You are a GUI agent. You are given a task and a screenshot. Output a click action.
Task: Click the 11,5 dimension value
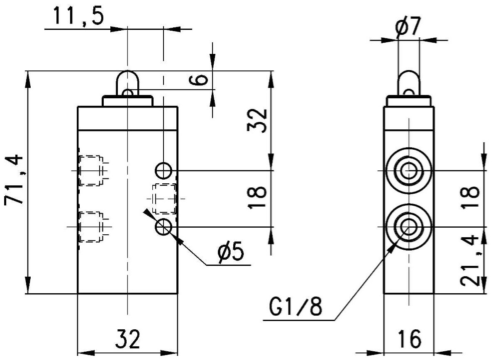click(78, 16)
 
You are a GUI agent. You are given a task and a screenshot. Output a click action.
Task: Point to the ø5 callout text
click(231, 252)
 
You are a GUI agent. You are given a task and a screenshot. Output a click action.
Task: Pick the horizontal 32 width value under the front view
click(128, 338)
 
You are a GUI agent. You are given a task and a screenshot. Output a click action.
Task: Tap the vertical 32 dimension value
click(257, 121)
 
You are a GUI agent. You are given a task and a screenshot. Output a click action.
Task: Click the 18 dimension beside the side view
click(470, 197)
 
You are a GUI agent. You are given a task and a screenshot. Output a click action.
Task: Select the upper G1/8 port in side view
click(408, 170)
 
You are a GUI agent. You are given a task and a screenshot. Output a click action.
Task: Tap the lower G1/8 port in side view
click(408, 227)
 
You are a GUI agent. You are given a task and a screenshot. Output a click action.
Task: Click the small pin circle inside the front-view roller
click(128, 93)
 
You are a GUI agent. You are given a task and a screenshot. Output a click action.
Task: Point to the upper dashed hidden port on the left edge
click(91, 170)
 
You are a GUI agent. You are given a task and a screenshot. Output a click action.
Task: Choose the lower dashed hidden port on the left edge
click(91, 227)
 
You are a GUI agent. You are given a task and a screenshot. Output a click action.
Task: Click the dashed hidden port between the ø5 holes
click(164, 199)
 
